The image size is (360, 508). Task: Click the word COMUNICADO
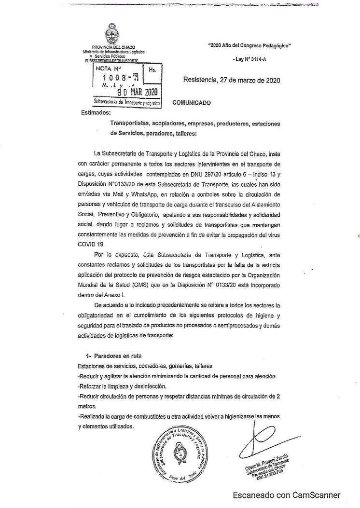click(x=192, y=103)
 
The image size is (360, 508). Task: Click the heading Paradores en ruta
click(x=117, y=356)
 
